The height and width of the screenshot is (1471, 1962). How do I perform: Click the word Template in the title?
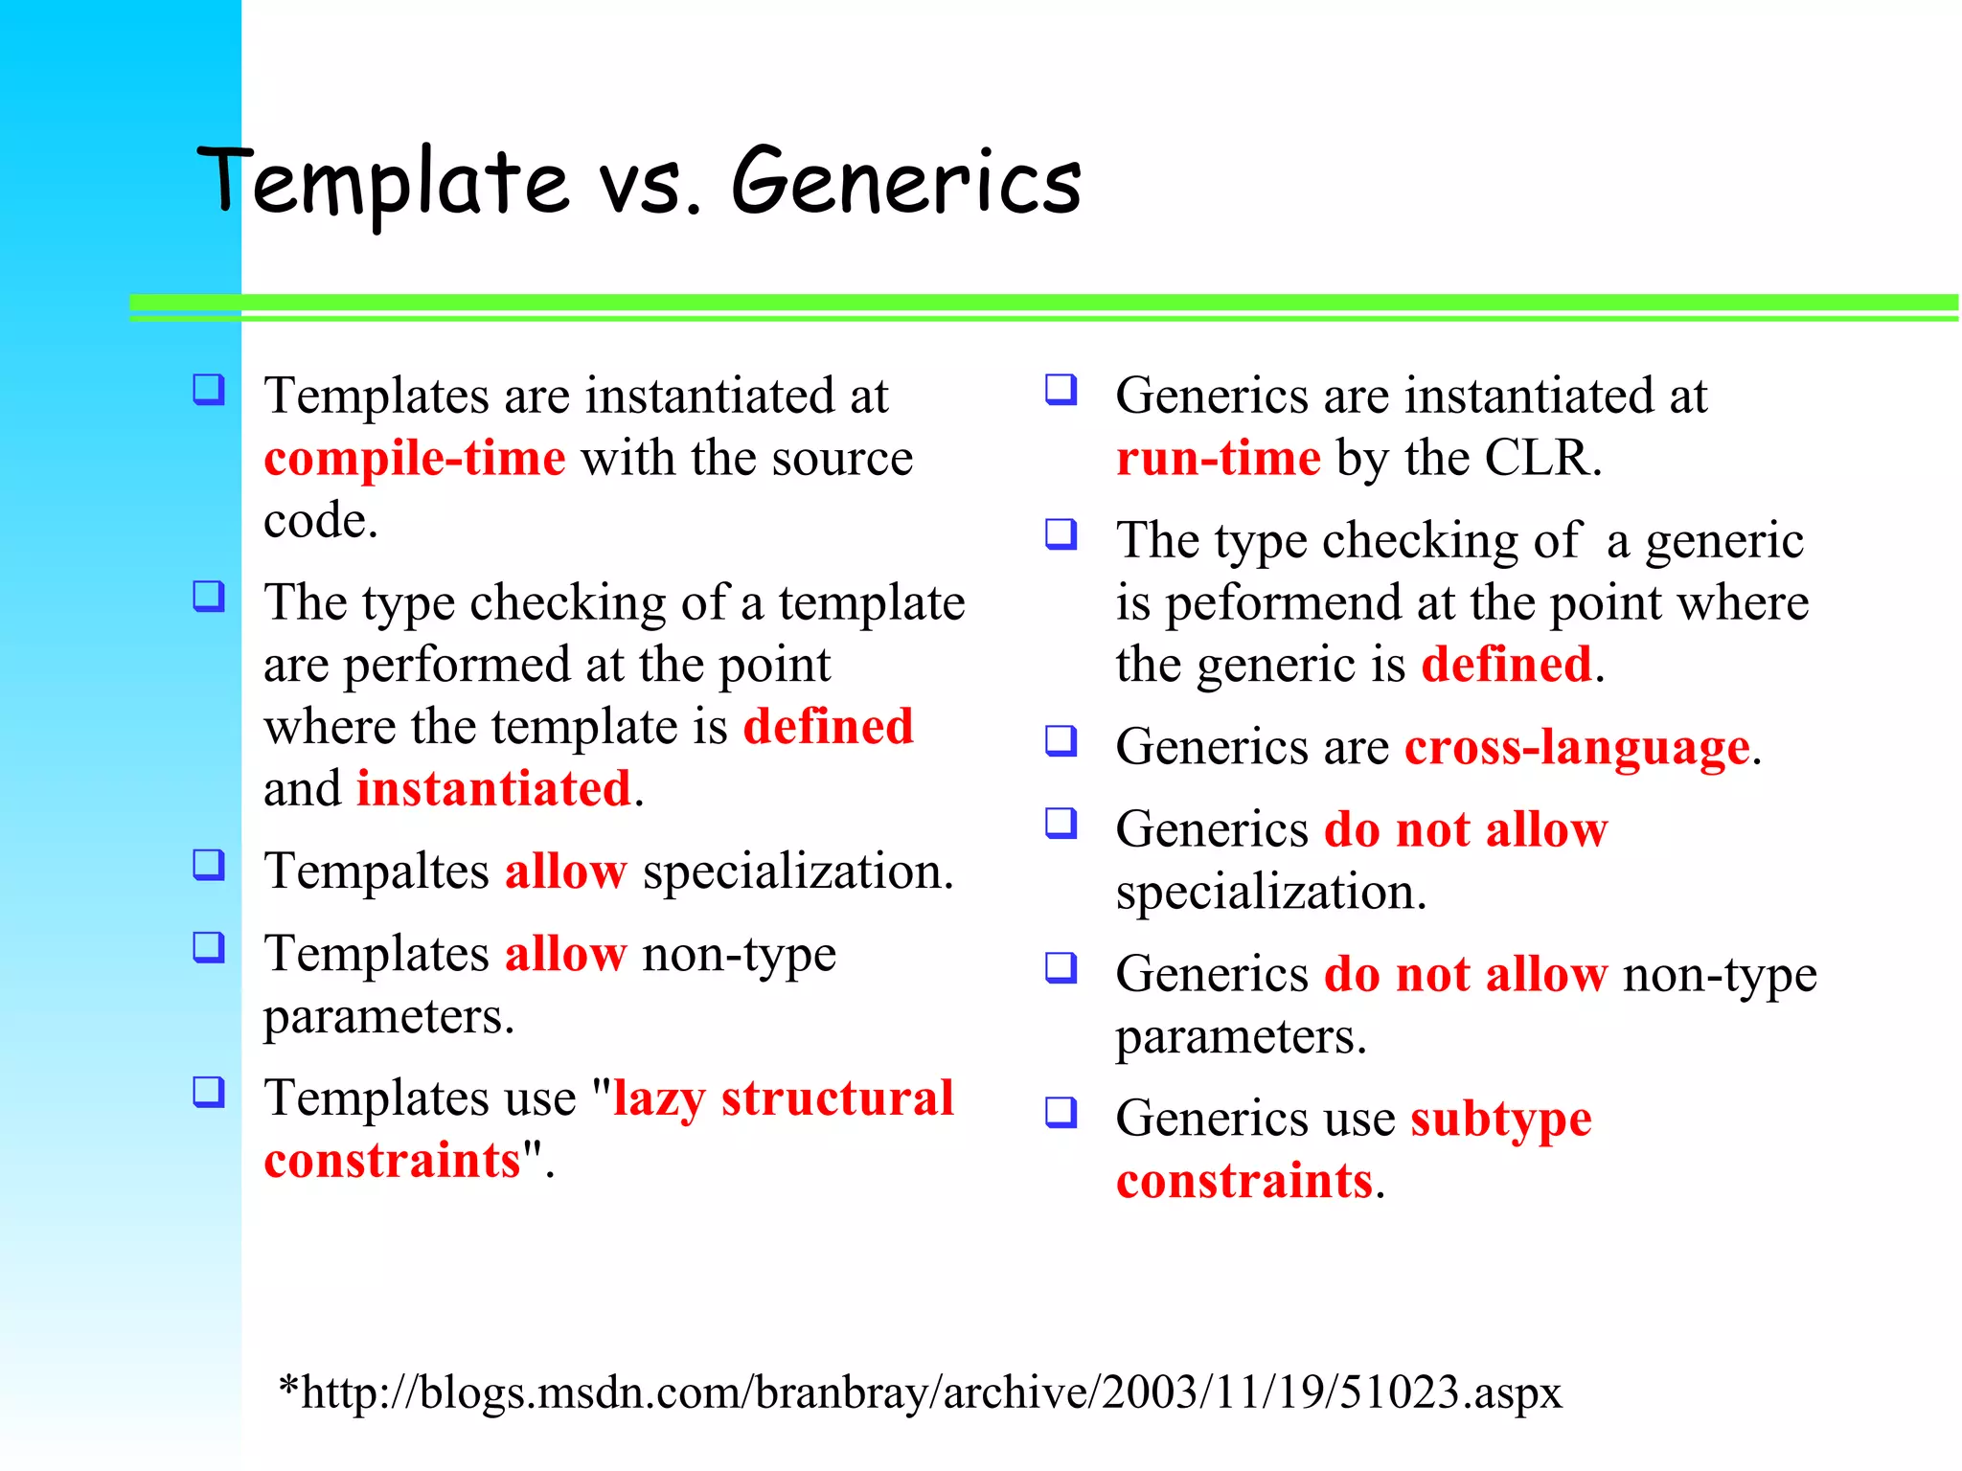383,182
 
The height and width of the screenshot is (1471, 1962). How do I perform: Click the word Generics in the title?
906,182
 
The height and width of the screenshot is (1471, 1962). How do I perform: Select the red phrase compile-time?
415,459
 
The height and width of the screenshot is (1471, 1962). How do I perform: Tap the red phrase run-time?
1219,459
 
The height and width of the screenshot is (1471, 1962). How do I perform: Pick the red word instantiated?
493,790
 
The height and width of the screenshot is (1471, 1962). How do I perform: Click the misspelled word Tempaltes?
376,872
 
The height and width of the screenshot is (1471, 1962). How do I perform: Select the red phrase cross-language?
1577,748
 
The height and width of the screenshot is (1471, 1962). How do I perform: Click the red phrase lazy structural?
783,1098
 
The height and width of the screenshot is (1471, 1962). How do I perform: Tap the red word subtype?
1500,1119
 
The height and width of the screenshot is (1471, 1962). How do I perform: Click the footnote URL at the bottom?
920,1392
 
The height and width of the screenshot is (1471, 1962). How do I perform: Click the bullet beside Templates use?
209,1092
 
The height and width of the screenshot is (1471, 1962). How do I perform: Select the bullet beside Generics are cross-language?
1061,740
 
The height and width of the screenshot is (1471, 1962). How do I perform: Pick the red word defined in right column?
1506,666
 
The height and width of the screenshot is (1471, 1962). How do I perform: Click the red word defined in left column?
828,727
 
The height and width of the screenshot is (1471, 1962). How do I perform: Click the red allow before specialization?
565,872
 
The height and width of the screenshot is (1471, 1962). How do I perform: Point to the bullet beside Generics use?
1061,1112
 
